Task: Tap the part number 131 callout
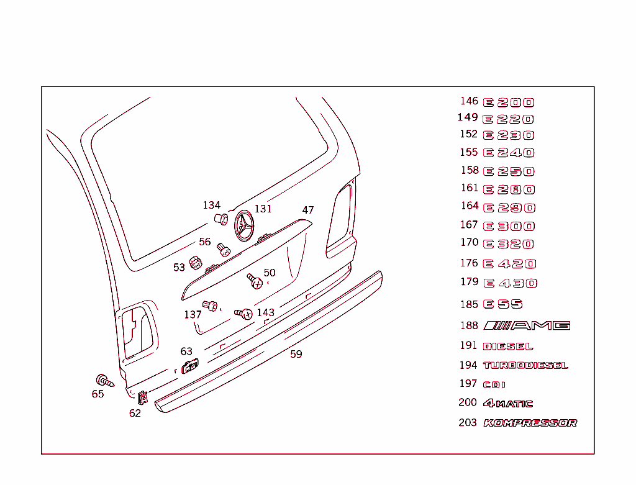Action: [263, 209]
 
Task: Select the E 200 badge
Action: [509, 102]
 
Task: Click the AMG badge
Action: [527, 325]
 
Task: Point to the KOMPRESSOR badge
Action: [530, 423]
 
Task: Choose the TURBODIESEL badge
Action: [525, 366]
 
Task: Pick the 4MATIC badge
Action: [508, 404]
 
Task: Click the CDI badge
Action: [494, 385]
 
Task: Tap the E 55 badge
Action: [503, 304]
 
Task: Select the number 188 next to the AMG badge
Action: [469, 325]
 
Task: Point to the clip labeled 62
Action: [142, 396]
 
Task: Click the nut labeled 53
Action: [195, 263]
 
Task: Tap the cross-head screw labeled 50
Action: [255, 281]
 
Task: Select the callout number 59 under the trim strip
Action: [296, 354]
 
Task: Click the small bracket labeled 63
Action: [190, 367]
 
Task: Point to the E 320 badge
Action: [509, 244]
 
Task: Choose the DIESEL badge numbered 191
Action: [508, 347]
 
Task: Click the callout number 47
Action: [308, 210]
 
